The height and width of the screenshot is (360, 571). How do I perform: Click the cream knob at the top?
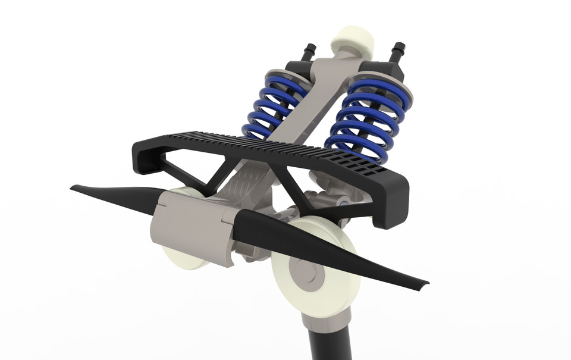[x=353, y=39]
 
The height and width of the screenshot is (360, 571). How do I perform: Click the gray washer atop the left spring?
[x=285, y=77]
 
